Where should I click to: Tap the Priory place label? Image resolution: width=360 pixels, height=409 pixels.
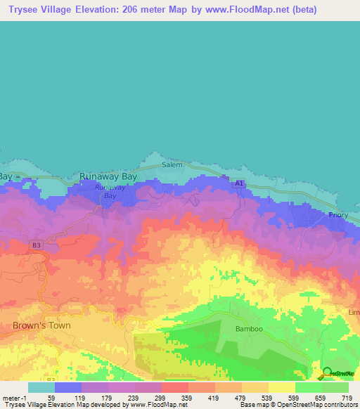(341, 218)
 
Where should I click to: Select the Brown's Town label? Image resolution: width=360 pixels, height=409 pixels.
(41, 325)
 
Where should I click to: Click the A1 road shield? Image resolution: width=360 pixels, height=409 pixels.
(240, 183)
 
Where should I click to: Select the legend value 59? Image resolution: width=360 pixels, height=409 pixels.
(51, 398)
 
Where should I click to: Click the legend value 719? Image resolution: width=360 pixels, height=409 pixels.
(347, 398)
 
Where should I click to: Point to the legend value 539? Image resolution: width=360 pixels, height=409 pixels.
(266, 398)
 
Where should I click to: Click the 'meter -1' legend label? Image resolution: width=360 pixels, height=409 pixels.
(13, 398)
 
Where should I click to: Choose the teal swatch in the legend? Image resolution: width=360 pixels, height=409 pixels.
(41, 387)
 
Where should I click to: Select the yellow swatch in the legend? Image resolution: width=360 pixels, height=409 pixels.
(282, 387)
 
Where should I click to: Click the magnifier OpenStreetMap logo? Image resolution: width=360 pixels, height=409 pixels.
(328, 373)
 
